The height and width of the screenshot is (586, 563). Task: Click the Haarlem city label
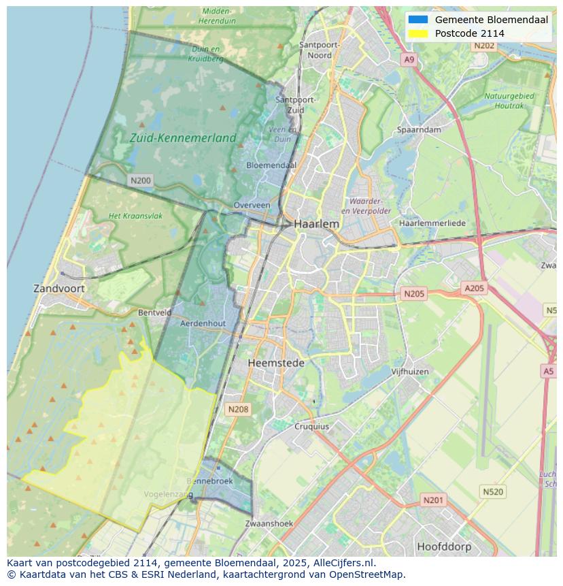316,223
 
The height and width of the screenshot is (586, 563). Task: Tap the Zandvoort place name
59,288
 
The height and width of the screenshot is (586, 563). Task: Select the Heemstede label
276,363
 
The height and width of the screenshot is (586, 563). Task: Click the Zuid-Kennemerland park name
183,137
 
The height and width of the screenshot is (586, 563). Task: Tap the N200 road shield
141,180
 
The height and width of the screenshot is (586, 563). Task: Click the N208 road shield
238,409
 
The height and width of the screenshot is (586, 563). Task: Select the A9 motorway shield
409,60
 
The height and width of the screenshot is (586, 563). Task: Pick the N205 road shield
413,294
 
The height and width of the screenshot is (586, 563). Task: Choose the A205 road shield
474,289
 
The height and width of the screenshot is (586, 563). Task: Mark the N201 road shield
433,500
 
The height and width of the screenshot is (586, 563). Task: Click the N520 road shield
493,491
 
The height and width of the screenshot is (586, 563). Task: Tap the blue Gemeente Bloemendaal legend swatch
418,20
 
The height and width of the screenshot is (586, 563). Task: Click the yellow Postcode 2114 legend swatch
418,33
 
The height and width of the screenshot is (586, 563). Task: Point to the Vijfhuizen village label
410,372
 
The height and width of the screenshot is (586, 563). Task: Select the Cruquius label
311,427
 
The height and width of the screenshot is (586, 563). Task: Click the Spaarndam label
420,129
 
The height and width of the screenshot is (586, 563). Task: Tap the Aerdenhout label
203,323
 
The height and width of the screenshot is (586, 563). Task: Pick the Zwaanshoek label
269,523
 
